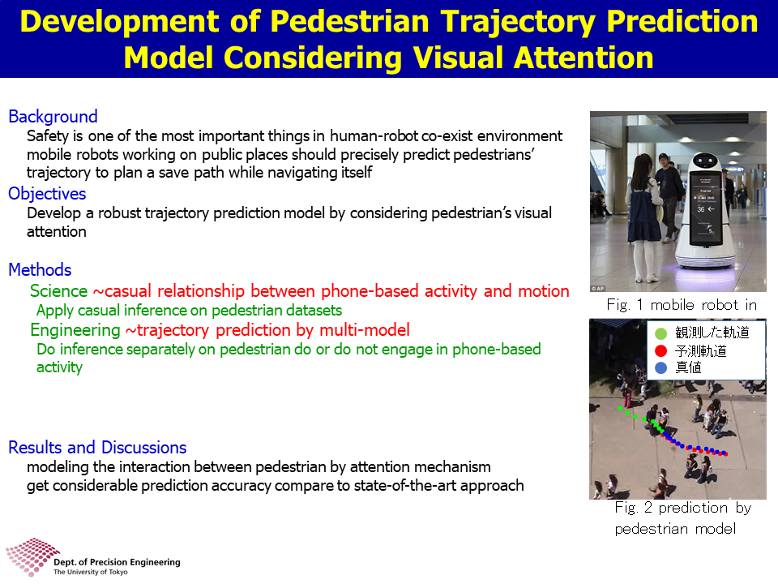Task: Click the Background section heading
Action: coord(53,117)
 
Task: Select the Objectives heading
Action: coord(47,194)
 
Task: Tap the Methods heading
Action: coord(41,269)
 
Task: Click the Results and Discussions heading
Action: coord(97,448)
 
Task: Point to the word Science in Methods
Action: coord(58,291)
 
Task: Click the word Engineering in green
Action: coord(75,330)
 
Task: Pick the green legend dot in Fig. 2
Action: coord(661,333)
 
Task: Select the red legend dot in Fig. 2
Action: coord(661,351)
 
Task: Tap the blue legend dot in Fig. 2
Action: coord(661,368)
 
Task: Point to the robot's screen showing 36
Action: coord(704,208)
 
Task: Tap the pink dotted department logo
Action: coord(32,556)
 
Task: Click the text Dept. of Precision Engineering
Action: coord(117,562)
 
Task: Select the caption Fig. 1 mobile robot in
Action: coord(682,305)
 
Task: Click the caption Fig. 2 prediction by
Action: coord(682,508)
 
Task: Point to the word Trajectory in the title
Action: coord(519,23)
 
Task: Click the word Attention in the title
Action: coord(583,58)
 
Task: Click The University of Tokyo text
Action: coord(90,572)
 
